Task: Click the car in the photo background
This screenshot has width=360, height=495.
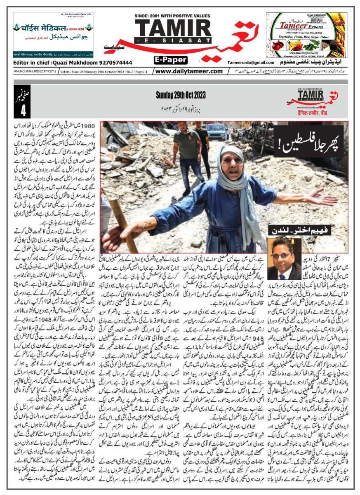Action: click(x=216, y=131)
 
